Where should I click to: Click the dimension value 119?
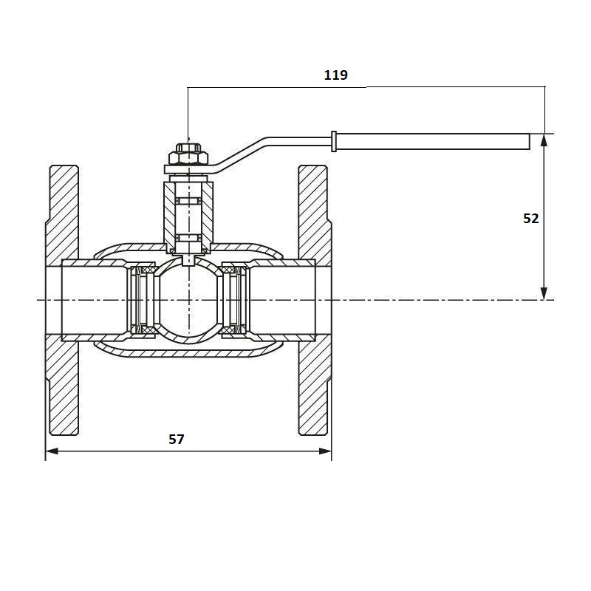[335, 75]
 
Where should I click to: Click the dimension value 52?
[530, 219]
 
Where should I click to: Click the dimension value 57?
[176, 440]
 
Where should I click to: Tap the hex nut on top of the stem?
[188, 156]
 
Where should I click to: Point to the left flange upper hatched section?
[62, 214]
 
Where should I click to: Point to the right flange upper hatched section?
[314, 214]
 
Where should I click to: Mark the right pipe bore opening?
[324, 300]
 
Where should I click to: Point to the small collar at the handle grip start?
[335, 141]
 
